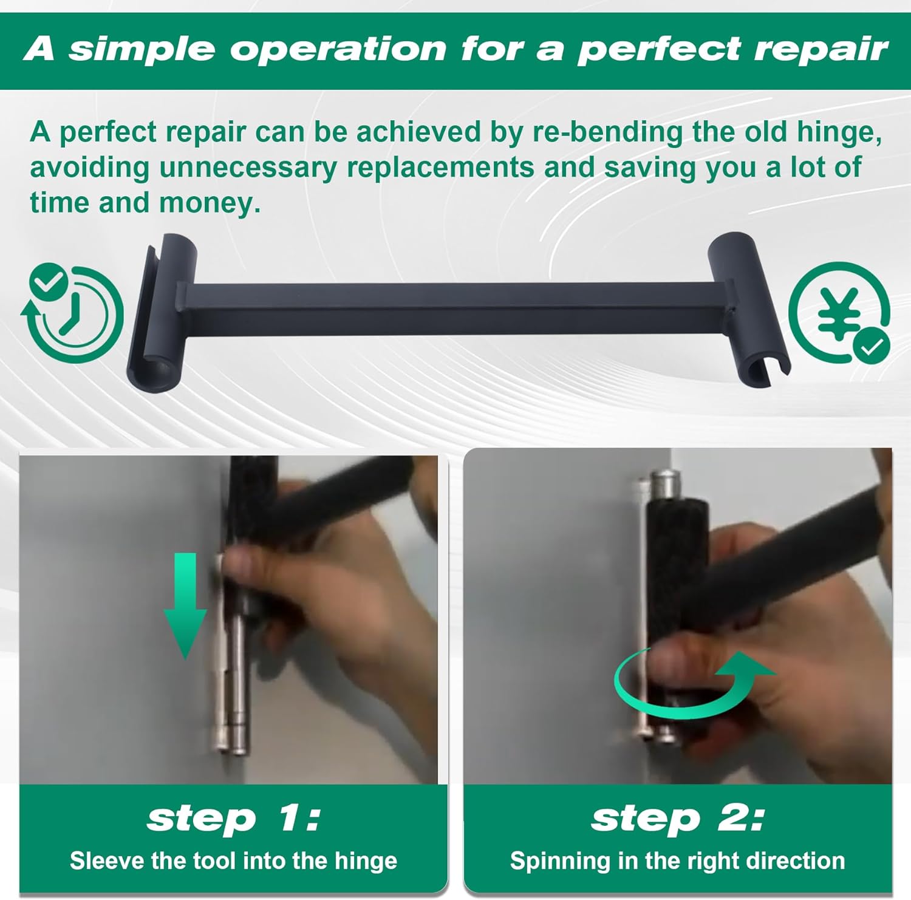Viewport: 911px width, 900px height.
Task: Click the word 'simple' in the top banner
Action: [x=142, y=49]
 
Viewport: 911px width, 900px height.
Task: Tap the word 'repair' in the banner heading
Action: [x=821, y=50]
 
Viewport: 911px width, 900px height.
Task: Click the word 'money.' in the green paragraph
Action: [x=210, y=203]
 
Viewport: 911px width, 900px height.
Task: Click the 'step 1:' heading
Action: [x=233, y=818]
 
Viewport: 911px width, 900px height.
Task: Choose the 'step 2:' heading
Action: [x=677, y=818]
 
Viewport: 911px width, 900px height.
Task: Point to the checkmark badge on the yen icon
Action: [x=872, y=346]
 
